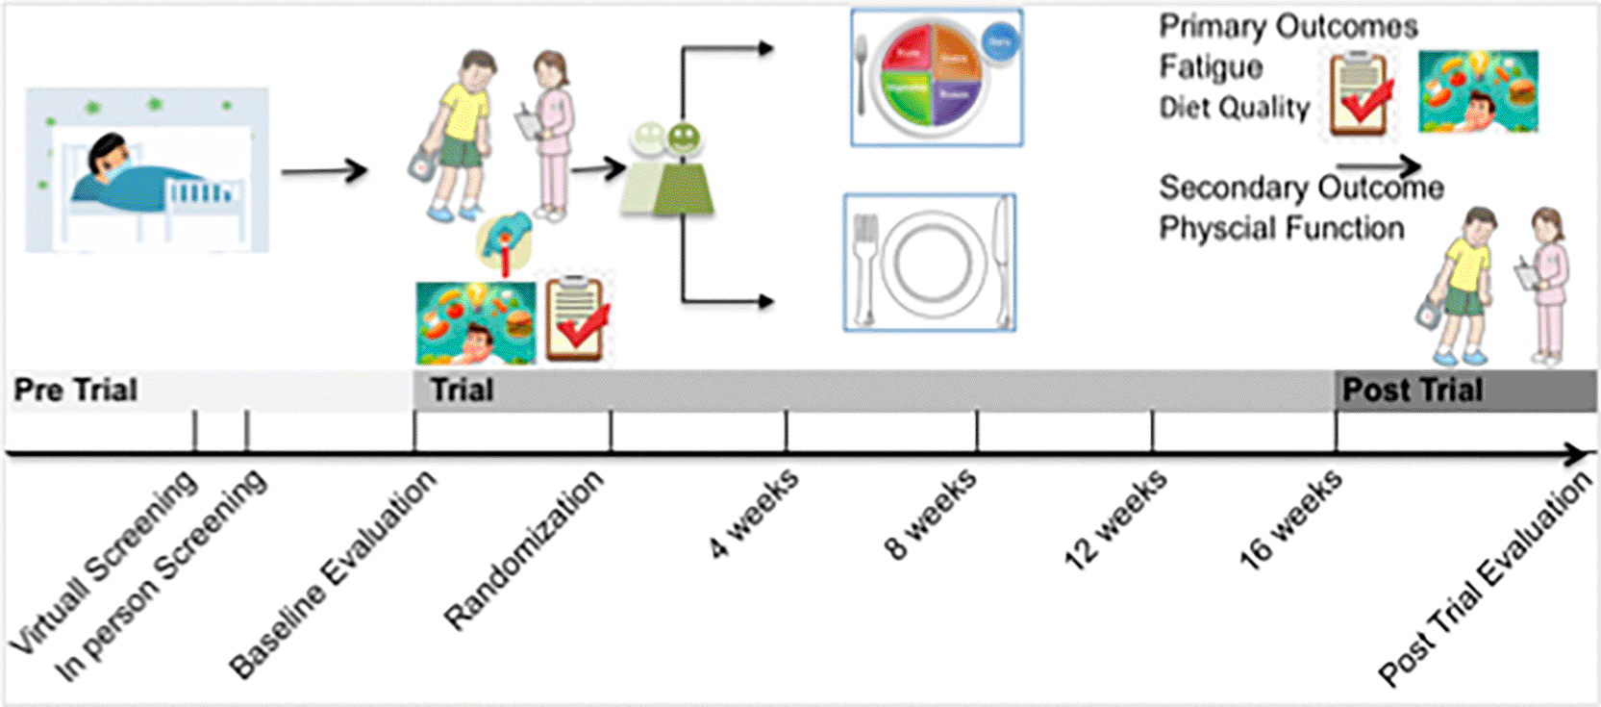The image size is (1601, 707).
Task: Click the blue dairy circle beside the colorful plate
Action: (1000, 43)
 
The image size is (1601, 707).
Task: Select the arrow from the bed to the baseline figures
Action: (324, 171)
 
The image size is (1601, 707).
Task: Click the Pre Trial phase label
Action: (76, 391)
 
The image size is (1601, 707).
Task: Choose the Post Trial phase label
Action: (1412, 391)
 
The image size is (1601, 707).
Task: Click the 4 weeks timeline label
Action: (754, 513)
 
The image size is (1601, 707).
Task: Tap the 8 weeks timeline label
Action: (931, 513)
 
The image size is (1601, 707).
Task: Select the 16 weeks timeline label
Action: (1290, 519)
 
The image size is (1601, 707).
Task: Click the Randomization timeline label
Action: (524, 549)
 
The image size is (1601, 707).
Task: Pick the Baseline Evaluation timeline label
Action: (333, 574)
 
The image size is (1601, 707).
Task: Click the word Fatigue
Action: (1211, 67)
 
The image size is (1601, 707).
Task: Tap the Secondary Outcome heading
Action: (1300, 188)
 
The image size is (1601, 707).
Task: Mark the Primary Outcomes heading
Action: (1288, 27)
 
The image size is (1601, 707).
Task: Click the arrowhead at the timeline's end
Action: (1577, 453)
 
